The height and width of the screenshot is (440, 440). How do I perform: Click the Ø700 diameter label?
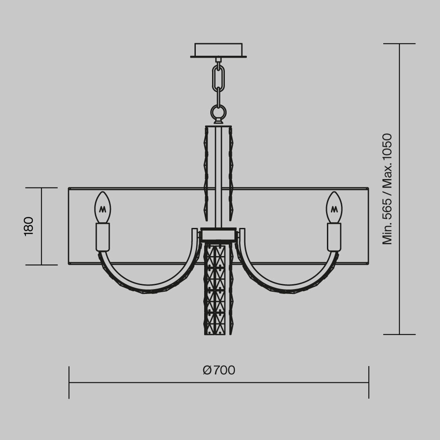pos(219,370)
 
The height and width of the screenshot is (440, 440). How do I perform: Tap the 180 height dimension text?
pos(29,226)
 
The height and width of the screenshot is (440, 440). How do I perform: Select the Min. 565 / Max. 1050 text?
pos(387,189)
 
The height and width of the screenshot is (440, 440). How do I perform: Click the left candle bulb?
pos(103,208)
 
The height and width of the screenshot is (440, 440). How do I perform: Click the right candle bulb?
pos(334,208)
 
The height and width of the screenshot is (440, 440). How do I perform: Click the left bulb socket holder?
pos(103,237)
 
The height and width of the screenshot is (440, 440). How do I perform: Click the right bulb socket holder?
pos(334,237)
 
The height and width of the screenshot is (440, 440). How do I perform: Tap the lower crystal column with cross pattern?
pos(215,288)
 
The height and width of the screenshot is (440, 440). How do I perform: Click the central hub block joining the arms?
pos(218,234)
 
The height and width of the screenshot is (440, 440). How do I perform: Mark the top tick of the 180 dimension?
pos(41,188)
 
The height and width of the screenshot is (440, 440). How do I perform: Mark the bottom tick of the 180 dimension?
pos(41,265)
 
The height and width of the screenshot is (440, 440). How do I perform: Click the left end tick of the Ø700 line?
pos(69,382)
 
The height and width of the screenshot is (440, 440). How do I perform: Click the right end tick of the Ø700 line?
pos(369,382)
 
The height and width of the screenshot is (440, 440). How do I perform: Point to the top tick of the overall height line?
pos(400,44)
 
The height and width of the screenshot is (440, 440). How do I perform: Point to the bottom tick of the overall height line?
pos(400,334)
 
